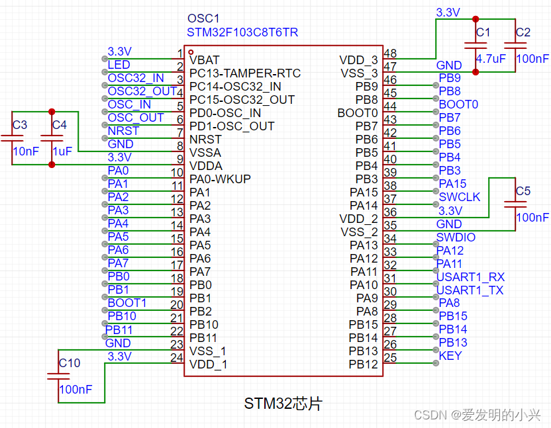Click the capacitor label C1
pyautogui.click(x=483, y=32)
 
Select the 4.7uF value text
pyautogui.click(x=491, y=59)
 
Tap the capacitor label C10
pyautogui.click(x=70, y=363)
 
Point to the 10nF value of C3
pyautogui.click(x=25, y=151)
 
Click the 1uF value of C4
pyautogui.click(x=62, y=151)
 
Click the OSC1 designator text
pyautogui.click(x=203, y=19)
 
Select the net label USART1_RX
pyautogui.click(x=470, y=277)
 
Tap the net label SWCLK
pyautogui.click(x=460, y=197)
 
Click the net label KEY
pyautogui.click(x=450, y=356)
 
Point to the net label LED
pyautogui.click(x=119, y=64)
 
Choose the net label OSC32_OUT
pyautogui.click(x=142, y=91)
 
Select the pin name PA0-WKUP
pyautogui.click(x=220, y=179)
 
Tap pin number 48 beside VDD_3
pyautogui.click(x=391, y=54)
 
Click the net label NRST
pyautogui.click(x=123, y=130)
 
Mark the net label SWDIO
pyautogui.click(x=456, y=237)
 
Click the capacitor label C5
pyautogui.click(x=523, y=191)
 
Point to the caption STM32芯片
pyautogui.click(x=283, y=404)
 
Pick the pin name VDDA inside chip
pyautogui.click(x=206, y=165)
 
